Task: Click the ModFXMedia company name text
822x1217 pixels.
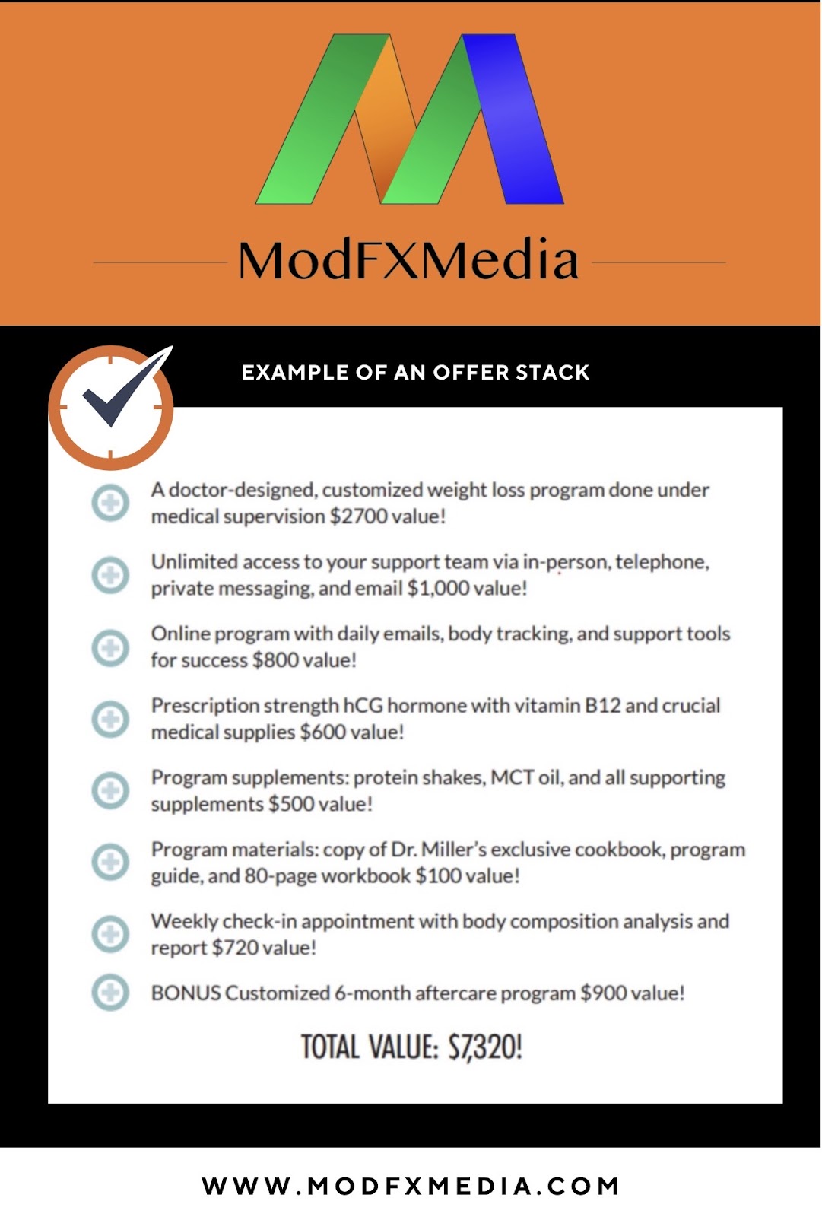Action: pyautogui.click(x=408, y=261)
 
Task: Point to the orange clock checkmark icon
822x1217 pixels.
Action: pyautogui.click(x=112, y=406)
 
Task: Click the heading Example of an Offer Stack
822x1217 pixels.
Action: pyautogui.click(x=415, y=373)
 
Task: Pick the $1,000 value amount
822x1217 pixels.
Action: pyautogui.click(x=437, y=588)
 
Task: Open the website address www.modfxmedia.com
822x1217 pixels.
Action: pyautogui.click(x=411, y=1186)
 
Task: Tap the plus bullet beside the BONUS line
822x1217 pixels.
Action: pyautogui.click(x=110, y=992)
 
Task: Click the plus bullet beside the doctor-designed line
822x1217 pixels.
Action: pyautogui.click(x=110, y=503)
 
